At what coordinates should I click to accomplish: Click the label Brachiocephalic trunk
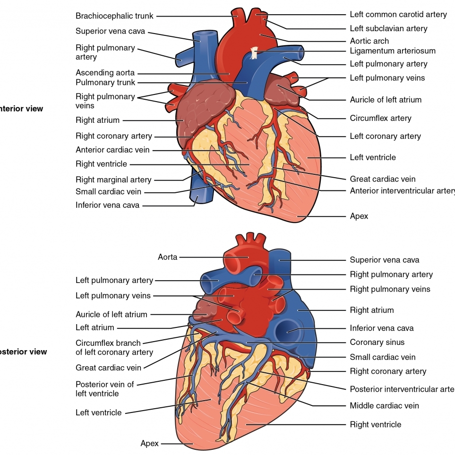coord(114,16)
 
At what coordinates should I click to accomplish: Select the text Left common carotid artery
coord(398,14)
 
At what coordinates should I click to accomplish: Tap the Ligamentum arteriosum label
coord(392,51)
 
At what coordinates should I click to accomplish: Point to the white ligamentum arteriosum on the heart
coord(255,53)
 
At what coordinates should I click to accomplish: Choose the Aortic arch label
coord(369,41)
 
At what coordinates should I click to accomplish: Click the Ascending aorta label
coord(105,73)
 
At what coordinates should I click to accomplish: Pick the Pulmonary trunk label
coord(105,82)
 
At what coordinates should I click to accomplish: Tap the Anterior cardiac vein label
coord(112,150)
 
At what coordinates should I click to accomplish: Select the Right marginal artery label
coord(113,180)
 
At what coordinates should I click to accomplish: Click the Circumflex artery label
coord(380,118)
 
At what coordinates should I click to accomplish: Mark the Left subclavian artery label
coord(388,28)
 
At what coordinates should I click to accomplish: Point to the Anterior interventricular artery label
coord(402,190)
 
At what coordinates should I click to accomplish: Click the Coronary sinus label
coord(377,342)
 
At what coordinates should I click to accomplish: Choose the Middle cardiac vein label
coord(384,405)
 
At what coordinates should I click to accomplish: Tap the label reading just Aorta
coord(168,257)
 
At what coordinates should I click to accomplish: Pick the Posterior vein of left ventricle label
coord(104,388)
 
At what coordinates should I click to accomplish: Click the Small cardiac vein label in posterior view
coord(382,357)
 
